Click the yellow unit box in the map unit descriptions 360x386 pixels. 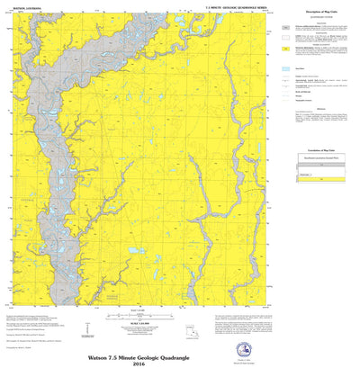coord(285,48)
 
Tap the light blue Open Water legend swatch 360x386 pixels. coord(285,68)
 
